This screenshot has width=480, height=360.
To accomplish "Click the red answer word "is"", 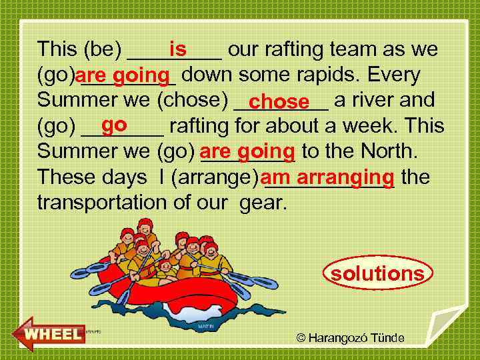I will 177,49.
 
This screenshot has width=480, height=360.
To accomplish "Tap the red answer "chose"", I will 281,102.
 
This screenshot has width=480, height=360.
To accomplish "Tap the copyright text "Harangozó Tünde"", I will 356,338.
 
